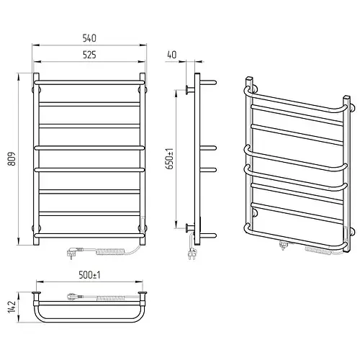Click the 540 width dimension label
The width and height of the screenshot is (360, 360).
point(89,38)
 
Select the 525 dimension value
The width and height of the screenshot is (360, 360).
point(89,55)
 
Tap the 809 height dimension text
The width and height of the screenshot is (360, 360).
point(12,158)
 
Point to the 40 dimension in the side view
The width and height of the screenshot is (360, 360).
point(172,55)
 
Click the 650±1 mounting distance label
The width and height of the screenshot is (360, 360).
point(170,159)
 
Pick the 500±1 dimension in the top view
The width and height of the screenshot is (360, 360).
point(89,275)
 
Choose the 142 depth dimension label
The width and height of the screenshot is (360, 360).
point(12,307)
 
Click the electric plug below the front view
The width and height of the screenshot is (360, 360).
point(75,253)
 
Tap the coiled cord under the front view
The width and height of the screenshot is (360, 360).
point(110,252)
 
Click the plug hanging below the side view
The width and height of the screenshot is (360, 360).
point(192,254)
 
